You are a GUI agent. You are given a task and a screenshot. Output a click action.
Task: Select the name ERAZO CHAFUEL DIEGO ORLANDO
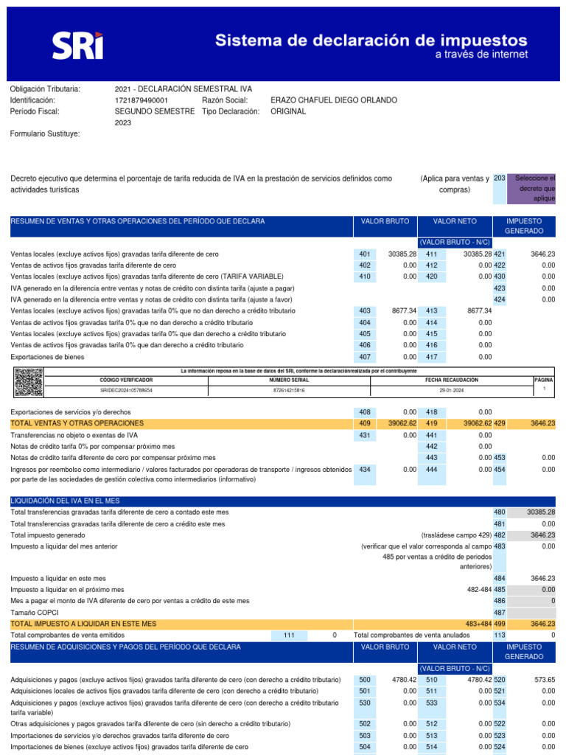point(333,100)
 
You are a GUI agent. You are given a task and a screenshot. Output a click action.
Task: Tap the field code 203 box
point(499,178)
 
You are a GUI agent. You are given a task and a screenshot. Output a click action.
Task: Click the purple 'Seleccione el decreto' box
point(534,189)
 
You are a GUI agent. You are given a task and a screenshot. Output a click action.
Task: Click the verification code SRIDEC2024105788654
point(126,389)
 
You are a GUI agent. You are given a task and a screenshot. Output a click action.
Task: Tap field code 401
point(364,254)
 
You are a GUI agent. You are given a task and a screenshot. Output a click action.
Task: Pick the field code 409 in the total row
point(364,423)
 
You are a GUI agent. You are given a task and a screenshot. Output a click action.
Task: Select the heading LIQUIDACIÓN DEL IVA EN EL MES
point(66,501)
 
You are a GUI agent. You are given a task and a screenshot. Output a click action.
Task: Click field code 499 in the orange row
point(499,623)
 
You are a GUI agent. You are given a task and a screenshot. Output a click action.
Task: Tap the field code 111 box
point(288,635)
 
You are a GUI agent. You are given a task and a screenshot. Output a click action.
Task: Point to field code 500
point(364,679)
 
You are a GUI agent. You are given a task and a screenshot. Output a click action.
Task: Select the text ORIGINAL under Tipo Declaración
point(287,111)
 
